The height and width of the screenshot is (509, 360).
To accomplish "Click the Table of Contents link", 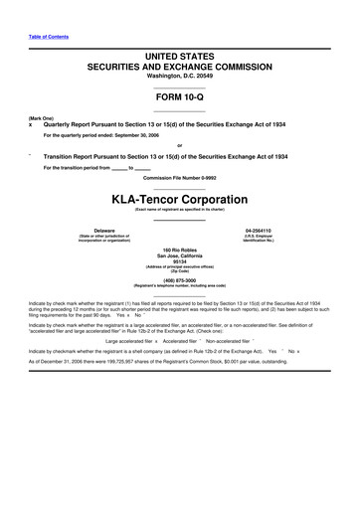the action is point(40,37).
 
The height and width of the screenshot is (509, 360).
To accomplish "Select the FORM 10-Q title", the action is point(180,99).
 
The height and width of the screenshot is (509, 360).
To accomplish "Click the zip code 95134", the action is point(180,262).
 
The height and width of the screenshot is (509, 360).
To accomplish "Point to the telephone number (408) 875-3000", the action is point(180,279).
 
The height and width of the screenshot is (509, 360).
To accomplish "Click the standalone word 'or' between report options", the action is point(180,145).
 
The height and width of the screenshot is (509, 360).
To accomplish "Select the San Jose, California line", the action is point(180,255).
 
